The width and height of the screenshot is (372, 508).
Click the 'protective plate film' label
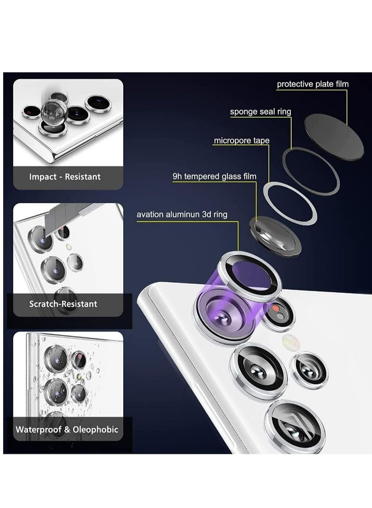[312, 84]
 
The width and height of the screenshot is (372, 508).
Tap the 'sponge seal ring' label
[260, 112]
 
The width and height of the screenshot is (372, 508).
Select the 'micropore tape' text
[241, 140]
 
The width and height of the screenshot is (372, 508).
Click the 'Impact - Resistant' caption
[65, 177]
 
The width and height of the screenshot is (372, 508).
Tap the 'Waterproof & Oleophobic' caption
[67, 429]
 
